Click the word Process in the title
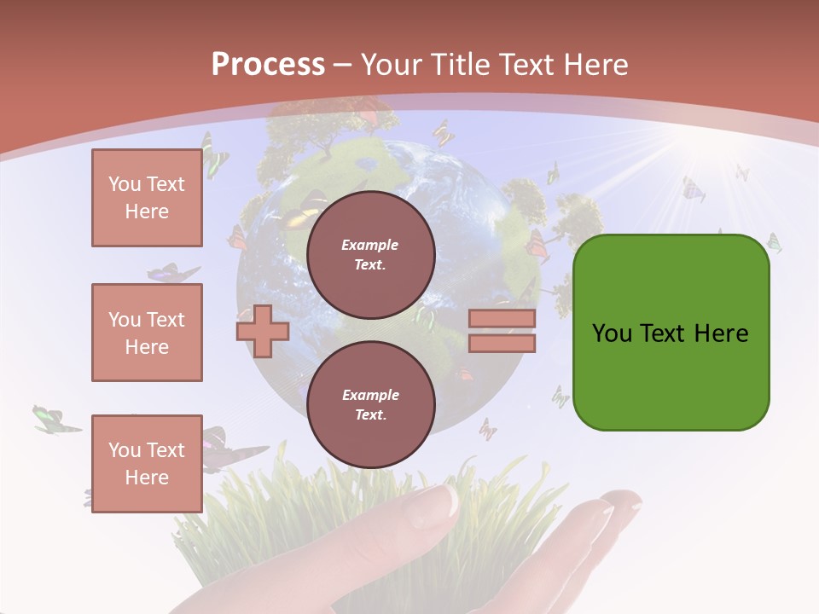pos(268,65)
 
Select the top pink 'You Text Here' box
pos(147,198)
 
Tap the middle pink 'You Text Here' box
pos(147,333)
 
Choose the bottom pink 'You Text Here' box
pos(147,463)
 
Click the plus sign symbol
pos(263,331)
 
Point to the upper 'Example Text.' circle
pos(370,254)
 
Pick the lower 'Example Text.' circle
pos(370,404)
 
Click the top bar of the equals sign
pos(502,318)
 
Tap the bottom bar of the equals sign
pos(502,343)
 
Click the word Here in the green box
pos(721,333)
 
